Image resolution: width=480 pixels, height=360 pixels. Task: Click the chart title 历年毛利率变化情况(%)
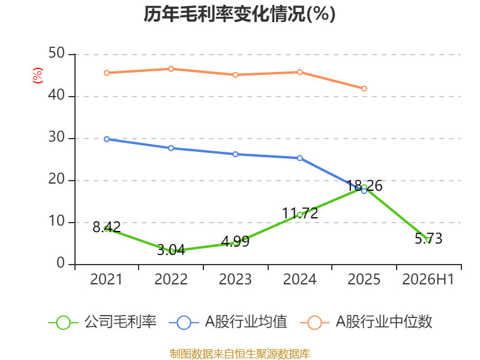[x=239, y=14]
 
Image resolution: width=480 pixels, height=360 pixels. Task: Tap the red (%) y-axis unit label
[x=38, y=76]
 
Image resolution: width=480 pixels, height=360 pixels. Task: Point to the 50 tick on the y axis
[x=56, y=53]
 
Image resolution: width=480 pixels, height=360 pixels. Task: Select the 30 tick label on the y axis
[x=56, y=137]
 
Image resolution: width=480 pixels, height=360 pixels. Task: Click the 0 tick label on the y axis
[x=61, y=263]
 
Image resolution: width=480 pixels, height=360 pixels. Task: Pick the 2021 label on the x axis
[x=106, y=279]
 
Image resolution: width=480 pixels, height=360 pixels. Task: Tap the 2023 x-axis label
[x=235, y=279]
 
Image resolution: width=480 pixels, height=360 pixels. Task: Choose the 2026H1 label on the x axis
[x=428, y=279]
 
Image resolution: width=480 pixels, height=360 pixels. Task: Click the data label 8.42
[x=107, y=227]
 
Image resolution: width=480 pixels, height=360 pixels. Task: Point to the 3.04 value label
[x=171, y=250]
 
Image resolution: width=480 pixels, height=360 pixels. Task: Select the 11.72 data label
[x=300, y=213]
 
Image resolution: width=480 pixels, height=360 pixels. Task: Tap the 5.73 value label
[x=428, y=238]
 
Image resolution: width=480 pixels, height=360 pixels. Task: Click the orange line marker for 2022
[x=171, y=69]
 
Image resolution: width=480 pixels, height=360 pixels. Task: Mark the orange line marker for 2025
[x=364, y=88]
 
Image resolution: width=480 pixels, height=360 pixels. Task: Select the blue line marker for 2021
[x=107, y=139]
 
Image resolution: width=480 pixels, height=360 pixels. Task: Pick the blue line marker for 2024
[x=300, y=158]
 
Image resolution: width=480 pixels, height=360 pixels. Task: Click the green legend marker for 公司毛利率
[x=64, y=323]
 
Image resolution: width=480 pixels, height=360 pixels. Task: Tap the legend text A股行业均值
[x=246, y=322]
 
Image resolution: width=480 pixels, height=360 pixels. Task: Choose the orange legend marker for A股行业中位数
[x=314, y=323]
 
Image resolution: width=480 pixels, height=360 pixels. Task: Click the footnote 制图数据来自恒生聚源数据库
[x=240, y=354]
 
